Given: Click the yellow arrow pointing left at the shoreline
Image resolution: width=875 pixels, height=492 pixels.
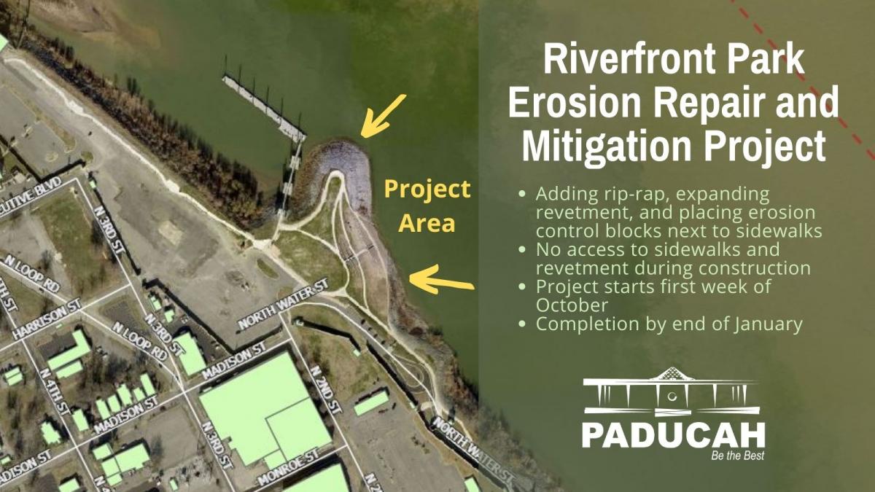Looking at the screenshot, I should point(441,279).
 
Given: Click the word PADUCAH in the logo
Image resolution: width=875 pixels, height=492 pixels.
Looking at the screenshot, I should point(673,434).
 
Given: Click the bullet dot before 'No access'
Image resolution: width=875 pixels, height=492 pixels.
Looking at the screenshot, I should point(521,249).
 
